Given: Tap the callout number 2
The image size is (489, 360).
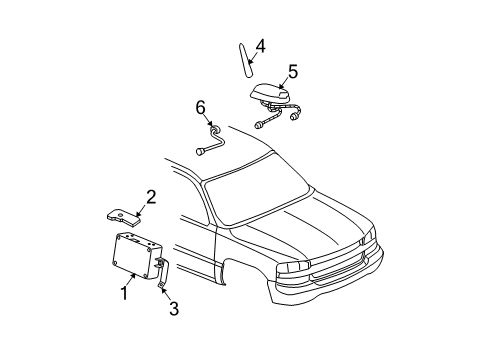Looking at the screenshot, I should coord(150,197).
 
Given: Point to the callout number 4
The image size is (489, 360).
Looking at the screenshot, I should coord(260,45).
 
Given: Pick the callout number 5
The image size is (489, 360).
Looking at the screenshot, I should coord(292,71).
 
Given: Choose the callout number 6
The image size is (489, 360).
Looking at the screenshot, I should coord(200,108).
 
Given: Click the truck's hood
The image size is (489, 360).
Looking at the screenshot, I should coord(300,225).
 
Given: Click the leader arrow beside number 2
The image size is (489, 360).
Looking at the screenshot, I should coord(140,209).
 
